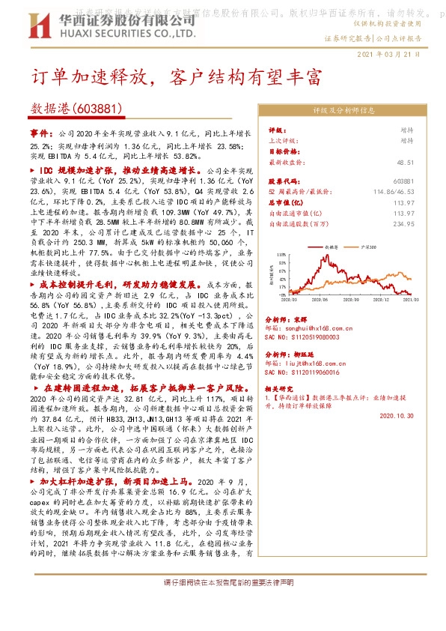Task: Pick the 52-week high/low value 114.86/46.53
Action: pos(393,192)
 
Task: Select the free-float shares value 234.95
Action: pos(404,223)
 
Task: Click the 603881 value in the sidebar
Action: pos(403,182)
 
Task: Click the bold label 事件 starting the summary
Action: pos(40,132)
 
